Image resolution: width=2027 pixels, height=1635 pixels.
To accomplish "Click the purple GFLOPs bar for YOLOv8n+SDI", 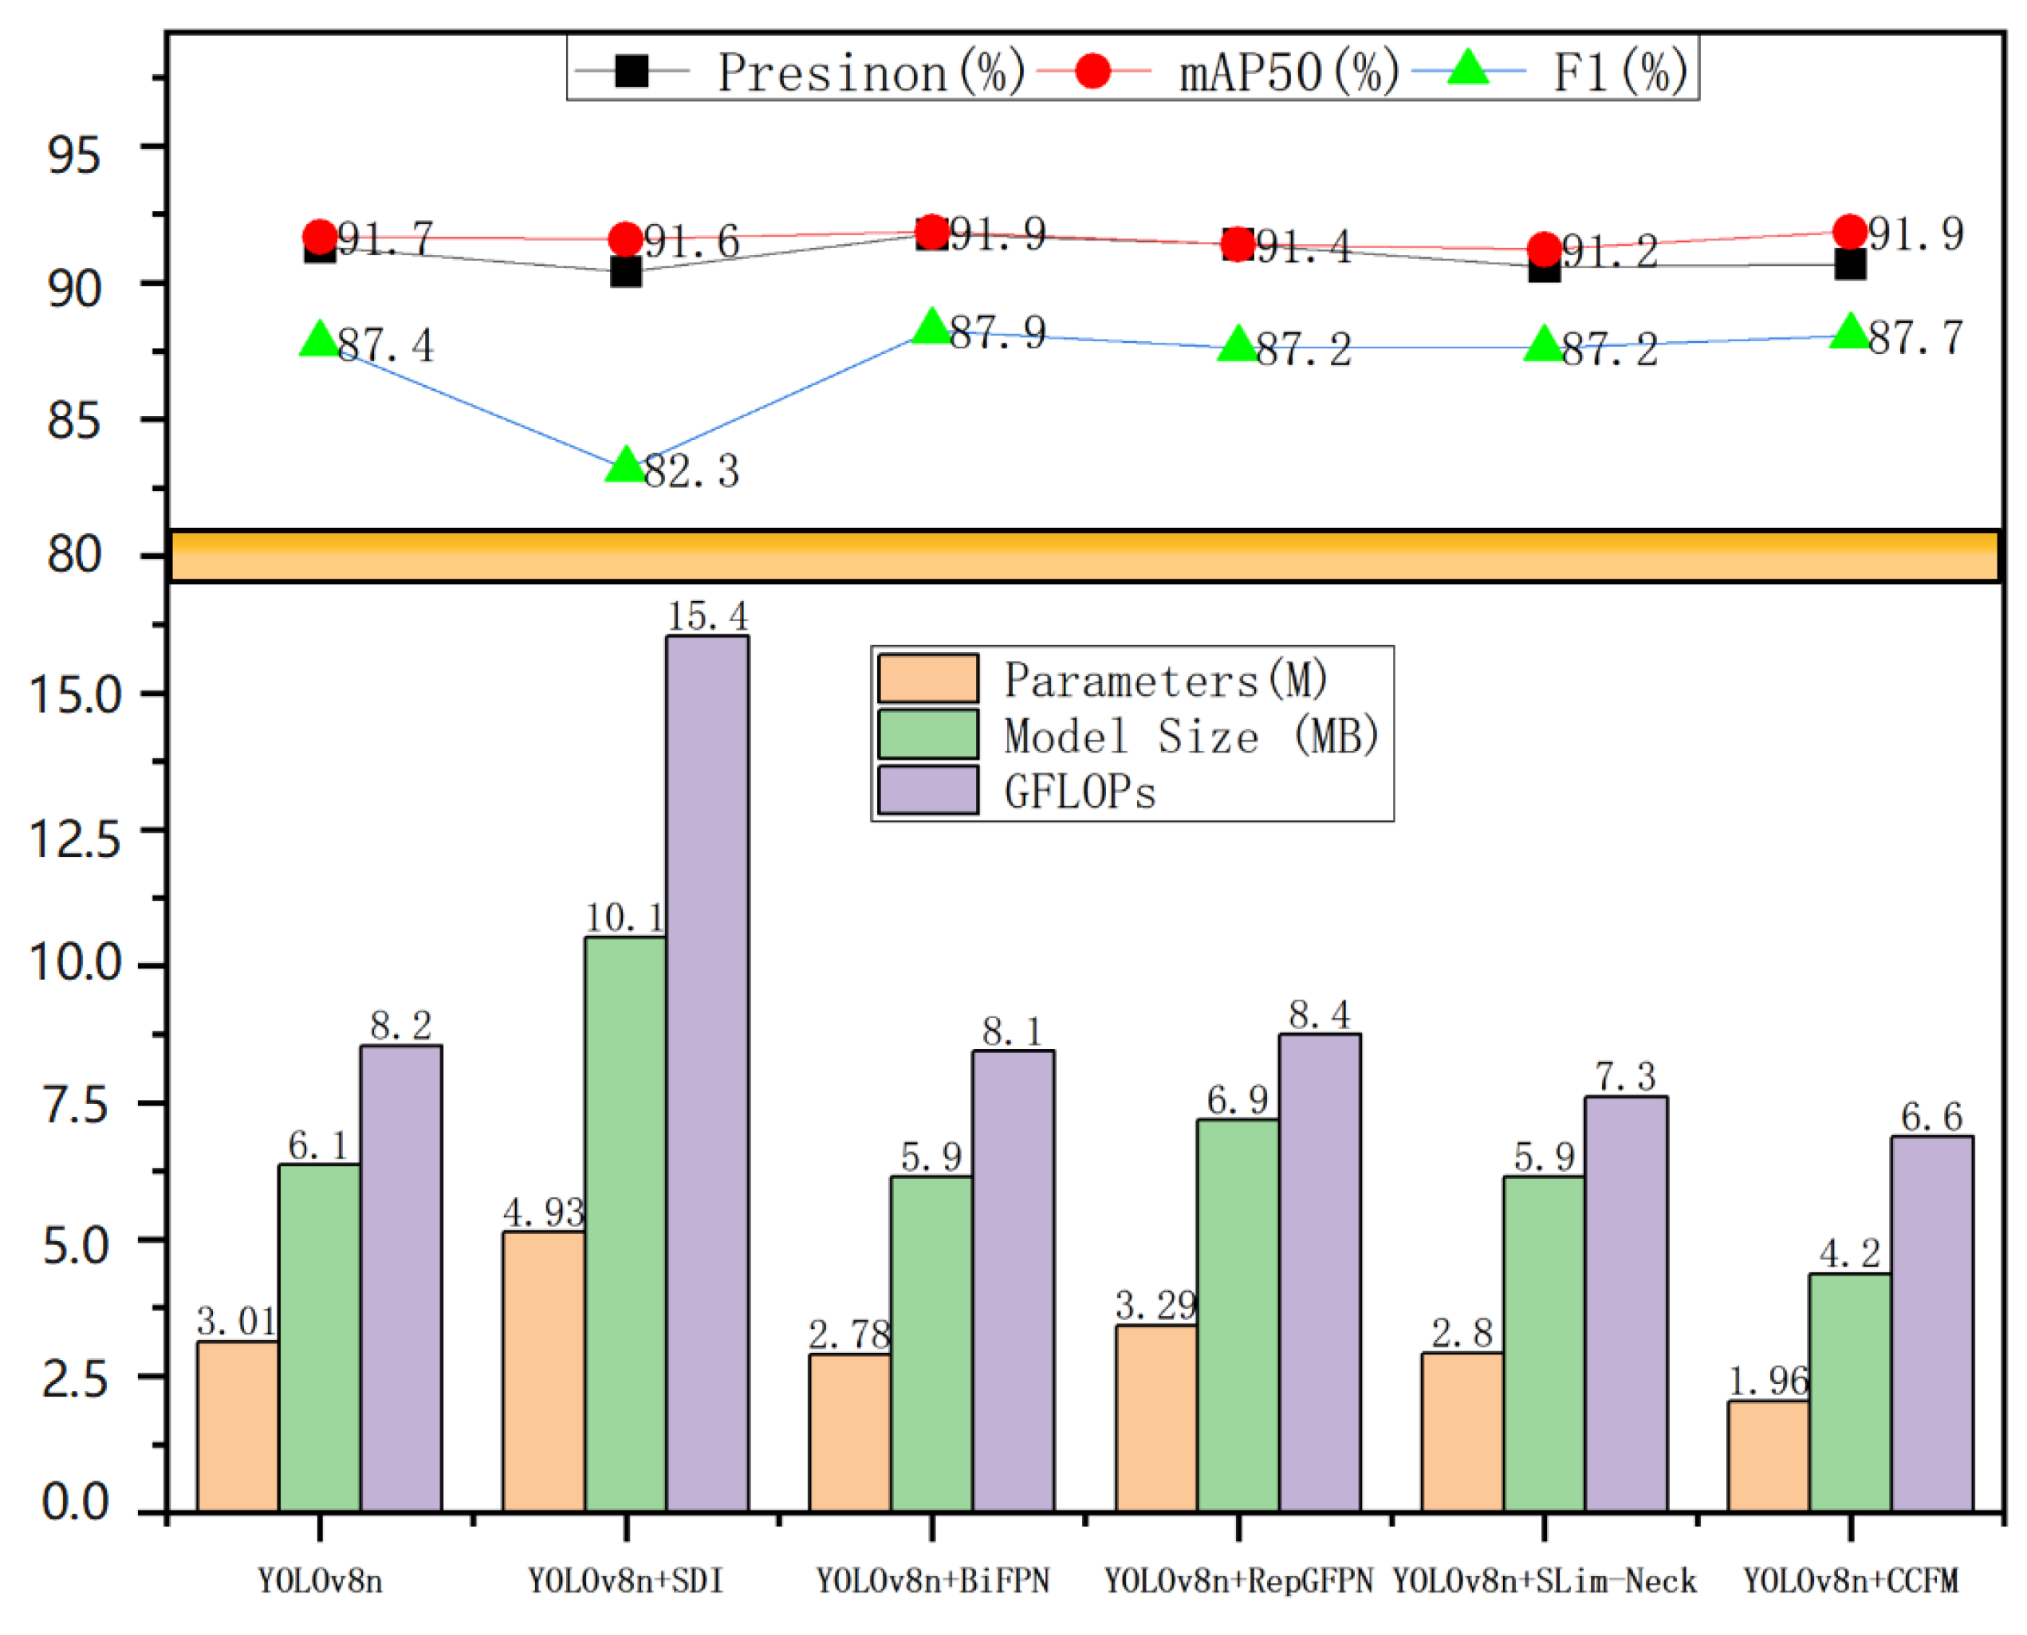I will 707,1074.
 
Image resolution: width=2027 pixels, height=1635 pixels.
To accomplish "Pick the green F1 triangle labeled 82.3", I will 625,464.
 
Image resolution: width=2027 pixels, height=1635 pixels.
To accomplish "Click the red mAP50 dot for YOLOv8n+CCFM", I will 1849,232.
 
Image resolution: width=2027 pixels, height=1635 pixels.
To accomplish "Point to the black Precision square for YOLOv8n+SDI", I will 625,272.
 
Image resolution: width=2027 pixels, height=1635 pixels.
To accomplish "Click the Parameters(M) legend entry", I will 1102,679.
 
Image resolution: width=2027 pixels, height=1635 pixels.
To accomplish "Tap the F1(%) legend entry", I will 1564,72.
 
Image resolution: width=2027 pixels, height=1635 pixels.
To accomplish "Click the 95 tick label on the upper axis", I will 73,154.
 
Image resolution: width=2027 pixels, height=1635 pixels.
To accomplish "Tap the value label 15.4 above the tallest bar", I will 707,617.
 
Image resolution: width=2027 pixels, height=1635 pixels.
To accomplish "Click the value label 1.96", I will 1768,1381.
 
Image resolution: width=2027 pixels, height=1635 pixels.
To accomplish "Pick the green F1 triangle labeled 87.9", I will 931,326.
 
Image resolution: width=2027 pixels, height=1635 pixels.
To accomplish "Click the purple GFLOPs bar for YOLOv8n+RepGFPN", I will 1319,1271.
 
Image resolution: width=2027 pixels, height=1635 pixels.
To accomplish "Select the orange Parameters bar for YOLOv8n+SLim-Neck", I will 1462,1432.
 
